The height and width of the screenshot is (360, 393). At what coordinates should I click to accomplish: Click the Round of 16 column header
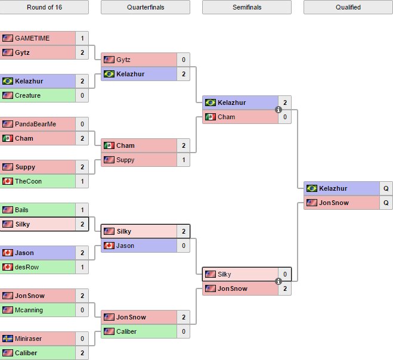pyautogui.click(x=44, y=7)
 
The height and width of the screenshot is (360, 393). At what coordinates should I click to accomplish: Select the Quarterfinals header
pyautogui.click(x=146, y=7)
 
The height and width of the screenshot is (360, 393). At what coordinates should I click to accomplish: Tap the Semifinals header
pyautogui.click(x=247, y=7)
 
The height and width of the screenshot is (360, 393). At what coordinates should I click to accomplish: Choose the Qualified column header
pyautogui.click(x=348, y=7)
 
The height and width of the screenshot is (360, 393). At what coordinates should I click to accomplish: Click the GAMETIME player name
pyautogui.click(x=32, y=38)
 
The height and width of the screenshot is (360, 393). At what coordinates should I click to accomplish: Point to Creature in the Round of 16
pyautogui.click(x=27, y=95)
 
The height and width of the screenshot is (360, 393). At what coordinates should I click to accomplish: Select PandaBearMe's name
pyautogui.click(x=35, y=124)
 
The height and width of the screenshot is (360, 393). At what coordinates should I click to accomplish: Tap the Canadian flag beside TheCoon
pyautogui.click(x=8, y=181)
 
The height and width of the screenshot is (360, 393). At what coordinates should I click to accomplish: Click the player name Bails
pyautogui.click(x=21, y=210)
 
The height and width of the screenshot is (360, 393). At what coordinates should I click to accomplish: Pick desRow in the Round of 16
pyautogui.click(x=27, y=267)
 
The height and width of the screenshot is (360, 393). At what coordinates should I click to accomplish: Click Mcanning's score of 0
pyautogui.click(x=82, y=310)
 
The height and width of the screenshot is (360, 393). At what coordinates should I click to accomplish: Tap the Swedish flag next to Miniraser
pyautogui.click(x=8, y=339)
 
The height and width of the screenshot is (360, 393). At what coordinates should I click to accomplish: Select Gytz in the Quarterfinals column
pyautogui.click(x=123, y=60)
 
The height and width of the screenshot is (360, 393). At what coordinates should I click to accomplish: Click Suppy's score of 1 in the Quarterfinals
pyautogui.click(x=184, y=160)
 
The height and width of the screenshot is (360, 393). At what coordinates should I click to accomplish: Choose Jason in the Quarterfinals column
pyautogui.click(x=125, y=246)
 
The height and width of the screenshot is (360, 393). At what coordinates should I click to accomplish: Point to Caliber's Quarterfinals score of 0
pyautogui.click(x=184, y=331)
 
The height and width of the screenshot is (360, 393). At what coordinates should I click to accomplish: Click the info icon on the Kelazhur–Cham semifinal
pyautogui.click(x=278, y=110)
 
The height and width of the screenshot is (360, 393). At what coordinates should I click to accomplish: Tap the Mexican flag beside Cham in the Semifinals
pyautogui.click(x=211, y=117)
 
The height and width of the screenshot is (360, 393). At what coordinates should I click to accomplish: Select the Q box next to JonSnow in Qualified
pyautogui.click(x=386, y=203)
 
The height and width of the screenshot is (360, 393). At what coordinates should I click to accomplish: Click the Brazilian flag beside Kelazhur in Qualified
pyautogui.click(x=312, y=188)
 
